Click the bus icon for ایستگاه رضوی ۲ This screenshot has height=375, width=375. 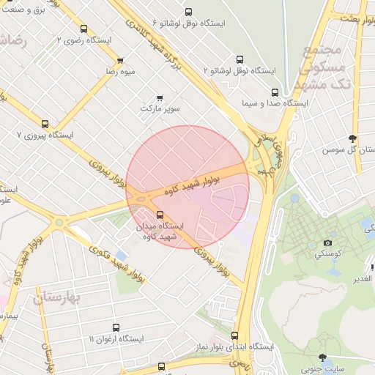click(x=83, y=29)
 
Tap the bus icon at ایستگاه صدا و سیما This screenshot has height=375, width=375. click(x=275, y=92)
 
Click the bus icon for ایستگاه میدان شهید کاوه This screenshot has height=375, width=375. click(x=160, y=215)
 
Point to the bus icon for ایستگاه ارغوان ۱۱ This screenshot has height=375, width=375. click(x=116, y=328)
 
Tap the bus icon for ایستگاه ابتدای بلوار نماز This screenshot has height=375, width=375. click(x=234, y=335)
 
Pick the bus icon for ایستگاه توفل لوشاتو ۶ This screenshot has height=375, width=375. click(x=189, y=12)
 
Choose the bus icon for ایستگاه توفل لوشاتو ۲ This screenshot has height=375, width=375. click(x=239, y=59)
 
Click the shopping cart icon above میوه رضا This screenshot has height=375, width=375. click(x=120, y=60)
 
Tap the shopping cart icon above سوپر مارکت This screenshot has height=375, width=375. click(x=160, y=97)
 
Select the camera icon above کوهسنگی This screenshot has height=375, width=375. click(x=327, y=242)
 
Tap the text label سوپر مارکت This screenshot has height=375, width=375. click(x=160, y=109)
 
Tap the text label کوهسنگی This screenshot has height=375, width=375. click(x=327, y=254)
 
